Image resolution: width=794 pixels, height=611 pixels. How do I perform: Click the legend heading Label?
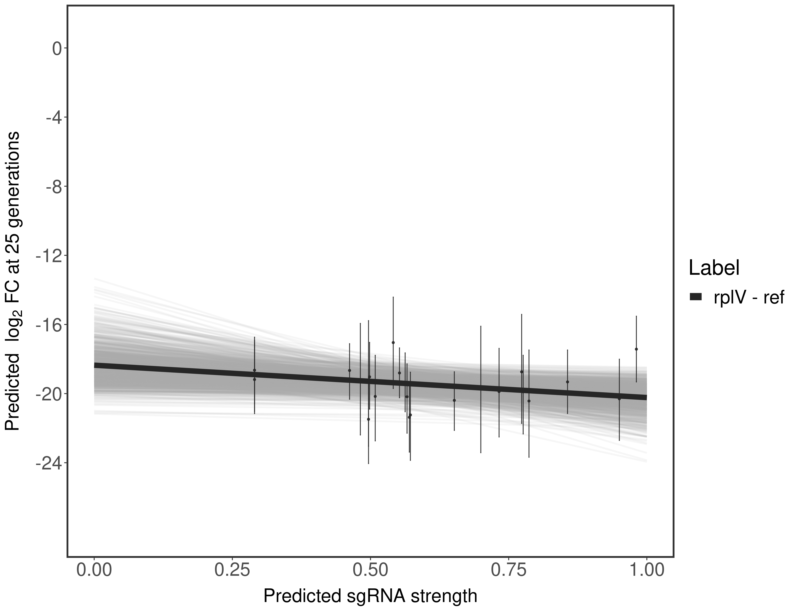tap(714, 268)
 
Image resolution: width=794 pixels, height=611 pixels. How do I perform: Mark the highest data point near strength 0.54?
tap(393, 343)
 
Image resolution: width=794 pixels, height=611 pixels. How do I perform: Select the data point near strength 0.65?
tap(454, 400)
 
